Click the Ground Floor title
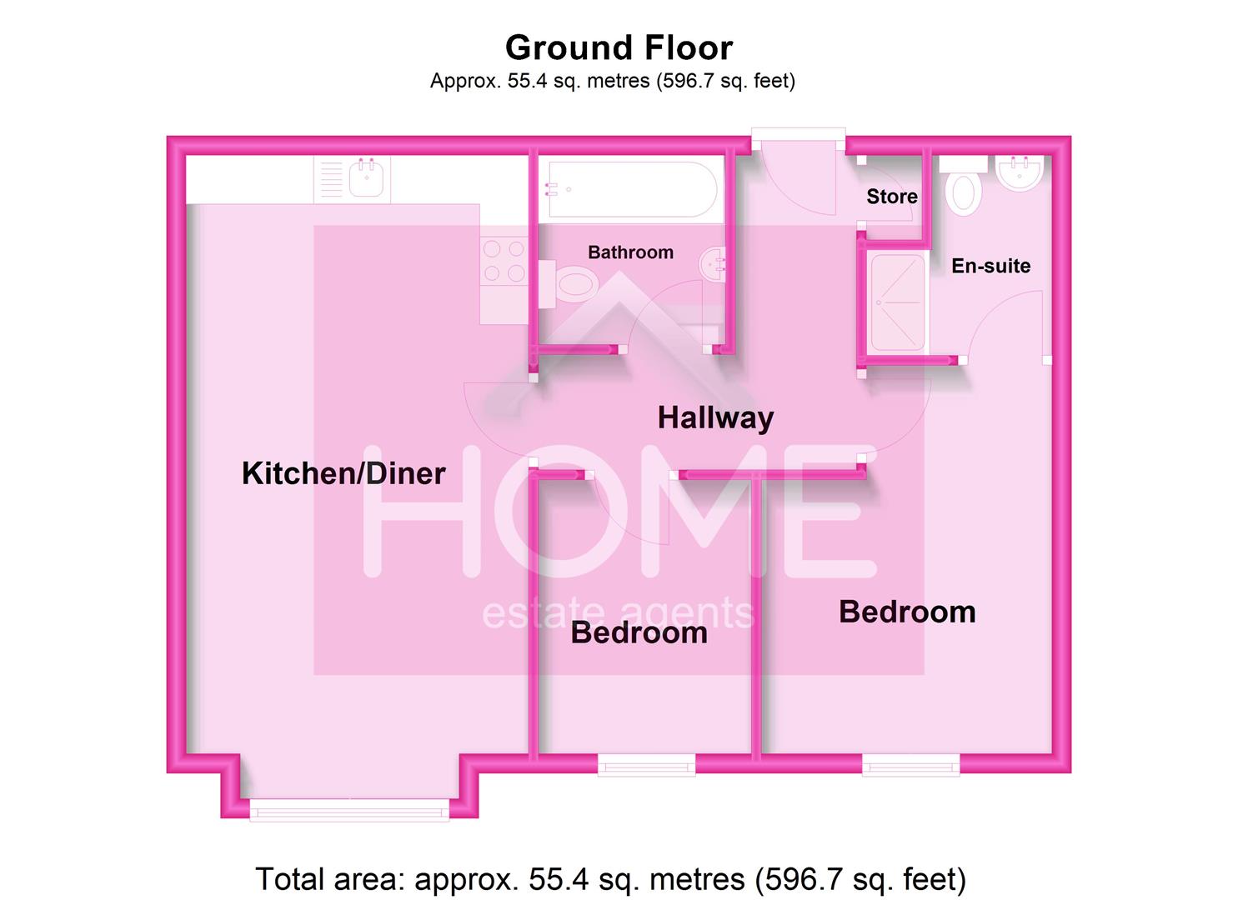pyautogui.click(x=619, y=47)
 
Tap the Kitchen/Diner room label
pyautogui.click(x=343, y=473)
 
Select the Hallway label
pyautogui.click(x=715, y=417)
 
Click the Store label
pyautogui.click(x=891, y=197)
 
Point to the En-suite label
pyautogui.click(x=990, y=266)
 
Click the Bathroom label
pyautogui.click(x=630, y=252)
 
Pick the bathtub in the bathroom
pyautogui.click(x=629, y=190)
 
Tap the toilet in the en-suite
pyautogui.click(x=964, y=188)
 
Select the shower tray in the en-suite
pyautogui.click(x=897, y=302)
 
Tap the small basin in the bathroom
pyautogui.click(x=713, y=264)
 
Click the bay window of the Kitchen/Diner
pyautogui.click(x=349, y=808)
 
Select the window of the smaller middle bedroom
pyautogui.click(x=646, y=763)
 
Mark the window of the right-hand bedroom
pyautogui.click(x=910, y=763)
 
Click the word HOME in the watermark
pyautogui.click(x=619, y=512)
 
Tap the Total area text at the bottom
pyautogui.click(x=610, y=879)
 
